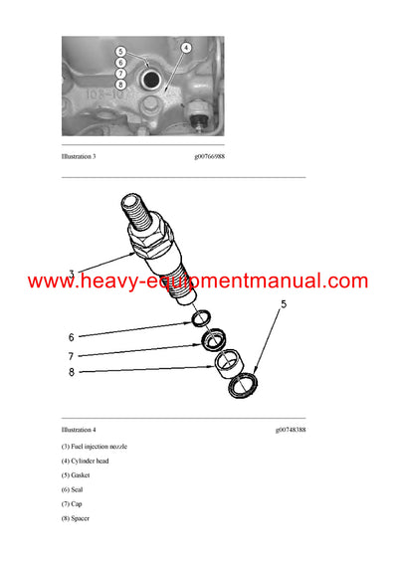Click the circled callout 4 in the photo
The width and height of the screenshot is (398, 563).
point(186,47)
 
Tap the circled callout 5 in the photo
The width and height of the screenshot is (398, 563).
point(120,51)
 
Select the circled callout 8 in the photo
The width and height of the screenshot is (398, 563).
point(120,84)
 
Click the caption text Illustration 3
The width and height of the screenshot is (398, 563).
point(79,157)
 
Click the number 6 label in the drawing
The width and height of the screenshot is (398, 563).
point(71,337)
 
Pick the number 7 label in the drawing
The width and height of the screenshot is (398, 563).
point(71,355)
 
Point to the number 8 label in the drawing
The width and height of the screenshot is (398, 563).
point(71,373)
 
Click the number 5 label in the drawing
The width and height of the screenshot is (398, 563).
point(283,305)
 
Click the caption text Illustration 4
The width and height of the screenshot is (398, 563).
point(79,430)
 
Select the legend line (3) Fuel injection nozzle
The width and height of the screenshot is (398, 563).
point(95,447)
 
